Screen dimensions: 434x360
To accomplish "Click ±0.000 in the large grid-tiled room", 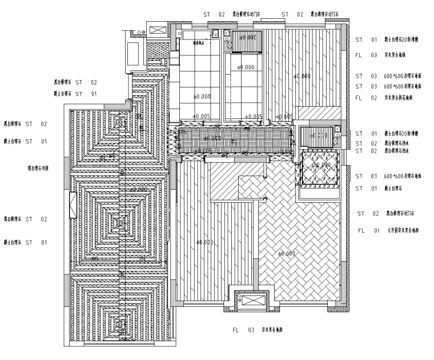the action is click(202, 97).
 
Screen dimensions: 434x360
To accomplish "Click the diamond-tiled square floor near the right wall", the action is click(318, 165).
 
